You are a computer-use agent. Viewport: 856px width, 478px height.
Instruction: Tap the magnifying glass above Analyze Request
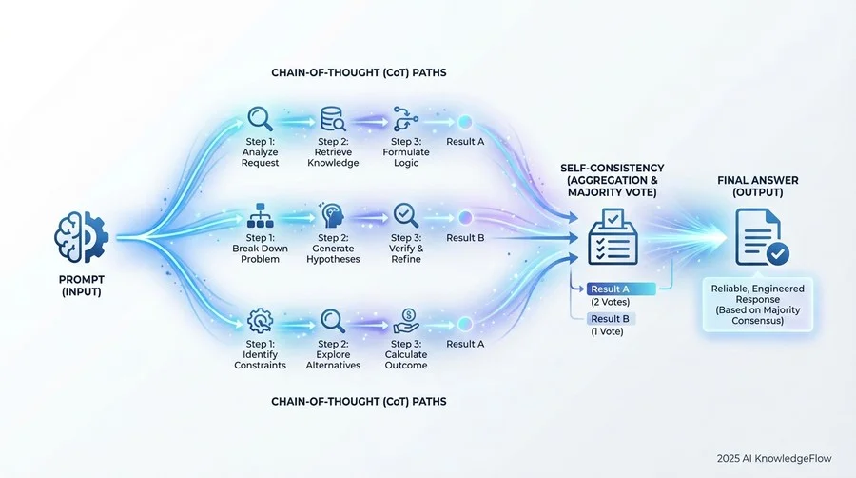point(260,119)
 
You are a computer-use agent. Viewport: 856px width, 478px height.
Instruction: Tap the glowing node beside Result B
point(466,217)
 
